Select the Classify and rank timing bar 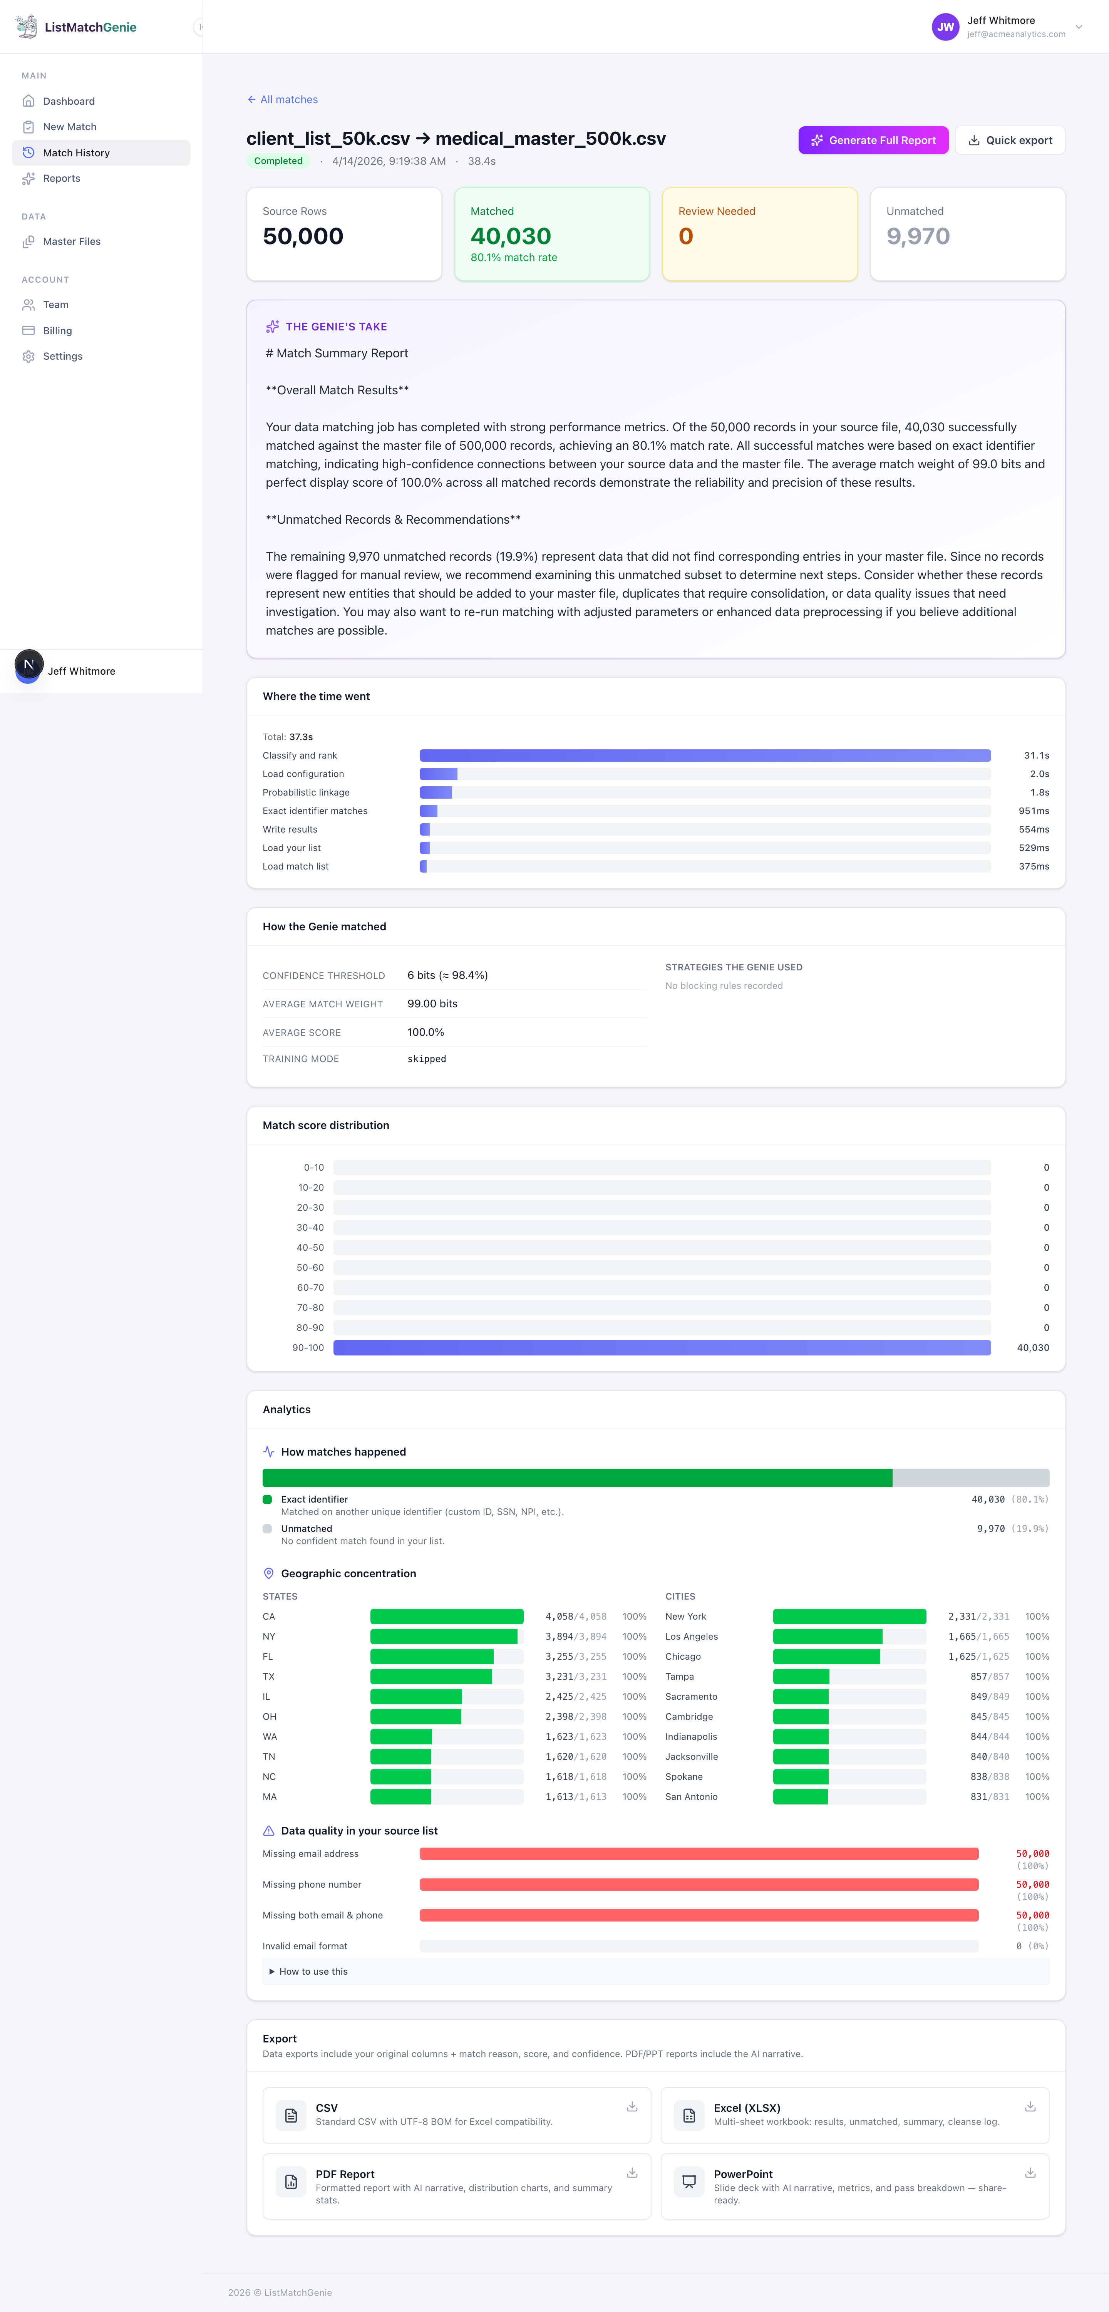click(704, 756)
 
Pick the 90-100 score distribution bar click(661, 1347)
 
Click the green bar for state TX click(431, 1677)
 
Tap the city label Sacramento click(691, 1696)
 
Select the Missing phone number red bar click(698, 1885)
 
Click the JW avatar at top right click(945, 27)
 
